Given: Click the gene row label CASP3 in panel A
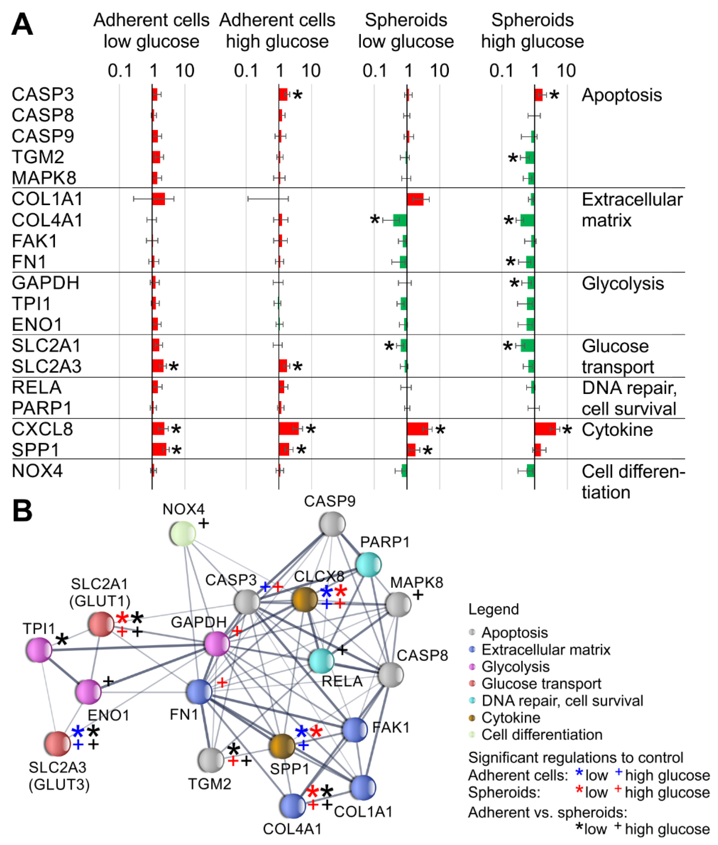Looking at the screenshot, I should [43, 94].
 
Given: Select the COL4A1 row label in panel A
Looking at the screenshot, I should [47, 220].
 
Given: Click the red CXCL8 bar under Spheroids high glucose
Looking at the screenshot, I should [545, 429].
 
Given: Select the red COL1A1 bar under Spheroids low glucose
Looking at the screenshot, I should [415, 199].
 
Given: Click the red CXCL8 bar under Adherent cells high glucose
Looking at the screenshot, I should [289, 428].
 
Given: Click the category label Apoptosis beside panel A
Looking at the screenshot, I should [622, 95].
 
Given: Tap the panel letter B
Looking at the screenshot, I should [22, 511].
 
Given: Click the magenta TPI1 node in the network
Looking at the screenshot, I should [39, 650].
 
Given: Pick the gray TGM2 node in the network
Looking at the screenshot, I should [211, 760].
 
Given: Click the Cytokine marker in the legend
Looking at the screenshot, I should [472, 717].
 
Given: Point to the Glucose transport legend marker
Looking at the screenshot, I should [472, 683].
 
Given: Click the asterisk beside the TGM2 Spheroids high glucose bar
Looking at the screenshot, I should [513, 158].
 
